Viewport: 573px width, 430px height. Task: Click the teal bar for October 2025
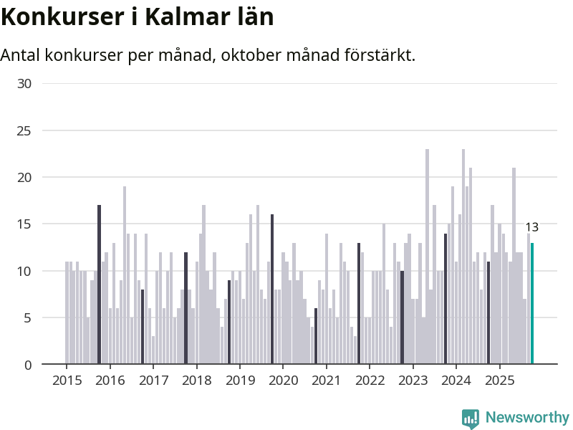click(532, 304)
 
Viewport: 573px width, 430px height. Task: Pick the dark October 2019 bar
click(272, 290)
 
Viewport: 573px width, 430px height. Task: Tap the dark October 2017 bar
click(186, 308)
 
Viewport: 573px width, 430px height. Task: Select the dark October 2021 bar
click(359, 304)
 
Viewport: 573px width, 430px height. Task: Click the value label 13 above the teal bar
click(531, 227)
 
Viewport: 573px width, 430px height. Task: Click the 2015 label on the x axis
click(67, 380)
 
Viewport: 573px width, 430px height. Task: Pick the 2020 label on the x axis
click(283, 380)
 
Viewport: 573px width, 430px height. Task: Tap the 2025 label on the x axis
click(499, 380)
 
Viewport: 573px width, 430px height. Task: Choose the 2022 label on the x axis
click(370, 380)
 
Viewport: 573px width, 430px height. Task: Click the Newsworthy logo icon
click(470, 419)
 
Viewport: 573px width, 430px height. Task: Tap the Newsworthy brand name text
click(527, 417)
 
